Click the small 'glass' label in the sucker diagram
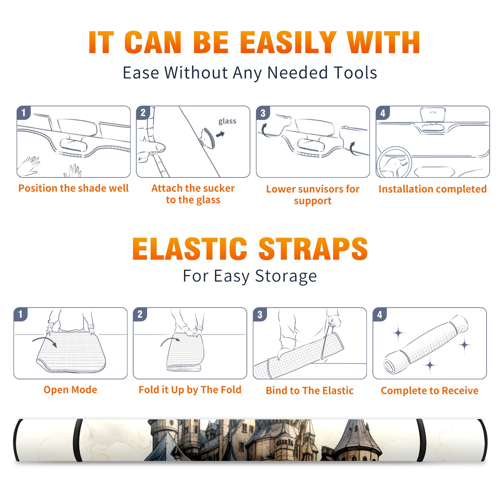tap(227, 121)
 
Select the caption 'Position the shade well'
tap(73, 188)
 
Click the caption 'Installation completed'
tap(432, 189)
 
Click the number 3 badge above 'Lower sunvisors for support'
tap(263, 113)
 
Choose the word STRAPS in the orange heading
tap(313, 249)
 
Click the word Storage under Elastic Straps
tap(286, 276)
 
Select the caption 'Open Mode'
tap(70, 390)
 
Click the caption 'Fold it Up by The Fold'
tap(190, 390)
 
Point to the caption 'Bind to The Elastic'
tap(310, 391)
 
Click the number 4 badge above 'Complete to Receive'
tap(380, 314)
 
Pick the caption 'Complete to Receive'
tap(430, 391)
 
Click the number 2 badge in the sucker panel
tap(143, 112)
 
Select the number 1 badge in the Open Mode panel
tap(21, 314)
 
